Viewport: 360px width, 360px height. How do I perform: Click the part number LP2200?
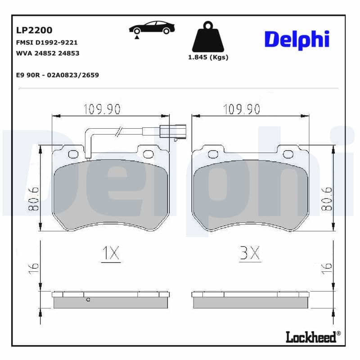[34, 30]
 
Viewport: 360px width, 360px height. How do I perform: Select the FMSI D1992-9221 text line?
[47, 43]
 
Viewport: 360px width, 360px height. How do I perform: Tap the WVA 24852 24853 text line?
[47, 53]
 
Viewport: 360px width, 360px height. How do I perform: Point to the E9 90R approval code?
[57, 75]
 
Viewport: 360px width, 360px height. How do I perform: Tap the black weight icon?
[207, 37]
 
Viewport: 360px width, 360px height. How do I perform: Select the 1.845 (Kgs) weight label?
[208, 57]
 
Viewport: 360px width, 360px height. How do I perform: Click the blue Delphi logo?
[297, 40]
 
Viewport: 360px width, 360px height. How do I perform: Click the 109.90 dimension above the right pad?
[242, 109]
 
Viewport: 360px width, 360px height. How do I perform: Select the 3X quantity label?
[249, 254]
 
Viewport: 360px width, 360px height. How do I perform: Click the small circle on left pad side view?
[88, 299]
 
